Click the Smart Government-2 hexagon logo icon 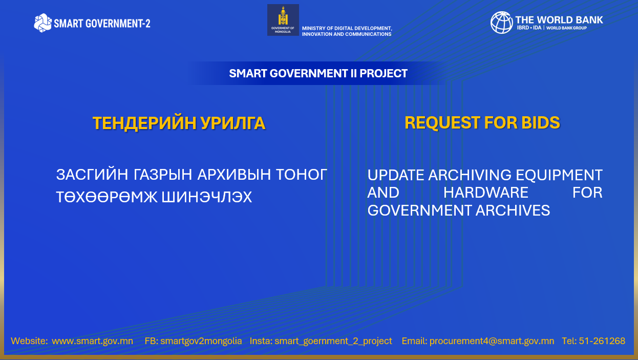coord(42,23)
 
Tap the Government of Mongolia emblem coord(283,20)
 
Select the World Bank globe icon coord(502,23)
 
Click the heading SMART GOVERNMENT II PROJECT coord(318,73)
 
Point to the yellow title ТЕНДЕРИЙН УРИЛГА coord(179,123)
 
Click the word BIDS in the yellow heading coord(541,123)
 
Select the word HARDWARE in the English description coord(485,193)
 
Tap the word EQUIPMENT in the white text coord(559,175)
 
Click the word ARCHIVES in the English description coord(513,210)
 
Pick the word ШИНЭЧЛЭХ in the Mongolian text coord(207,197)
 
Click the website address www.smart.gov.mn coord(92,341)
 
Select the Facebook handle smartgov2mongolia coord(201,341)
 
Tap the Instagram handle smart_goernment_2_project coord(333,341)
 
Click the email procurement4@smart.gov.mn coord(492,341)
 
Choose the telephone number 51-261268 coord(602,341)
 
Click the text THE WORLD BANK coord(559,20)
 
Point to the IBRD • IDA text coord(529,28)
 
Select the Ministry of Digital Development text coord(347,31)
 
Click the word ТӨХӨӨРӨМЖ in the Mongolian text coord(107,197)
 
